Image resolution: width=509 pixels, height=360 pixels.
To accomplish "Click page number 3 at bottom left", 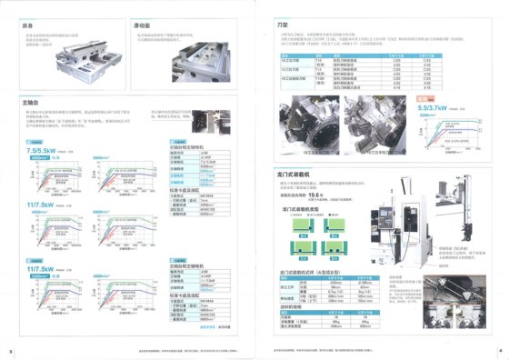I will point(8,351).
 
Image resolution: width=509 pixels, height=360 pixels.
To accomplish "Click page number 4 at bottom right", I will point(500,351).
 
